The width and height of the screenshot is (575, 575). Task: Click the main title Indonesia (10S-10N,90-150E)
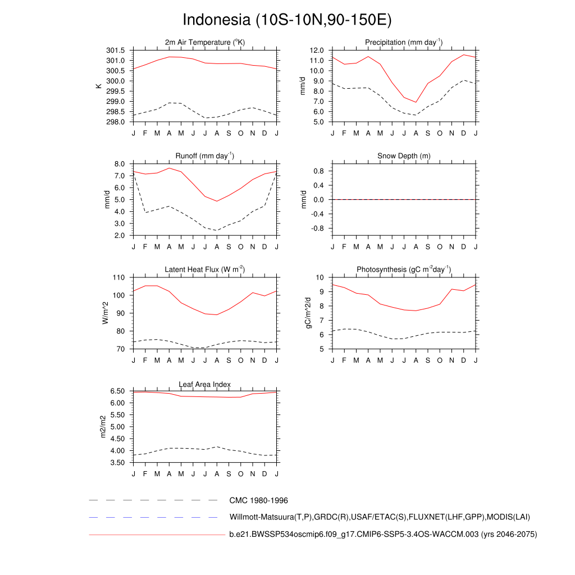click(x=287, y=20)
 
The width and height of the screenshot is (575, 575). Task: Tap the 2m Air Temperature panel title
click(x=205, y=43)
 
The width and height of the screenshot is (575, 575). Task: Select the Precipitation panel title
click(x=404, y=43)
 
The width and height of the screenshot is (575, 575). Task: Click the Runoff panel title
click(x=205, y=156)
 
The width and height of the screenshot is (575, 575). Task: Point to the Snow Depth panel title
click(x=404, y=156)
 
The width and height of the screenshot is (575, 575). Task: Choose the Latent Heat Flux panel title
click(x=205, y=270)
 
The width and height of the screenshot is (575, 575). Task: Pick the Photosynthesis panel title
click(x=404, y=270)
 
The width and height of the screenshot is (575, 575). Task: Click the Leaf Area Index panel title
click(x=205, y=384)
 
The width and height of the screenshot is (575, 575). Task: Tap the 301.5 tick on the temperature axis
click(x=117, y=51)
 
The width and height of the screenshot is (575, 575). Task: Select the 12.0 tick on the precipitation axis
click(x=318, y=51)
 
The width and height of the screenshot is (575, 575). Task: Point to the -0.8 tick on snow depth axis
click(x=318, y=229)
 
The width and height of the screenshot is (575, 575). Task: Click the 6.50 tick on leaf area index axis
click(x=117, y=391)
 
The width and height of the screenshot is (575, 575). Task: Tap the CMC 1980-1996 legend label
click(x=259, y=500)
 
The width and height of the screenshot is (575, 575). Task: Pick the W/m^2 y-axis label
click(x=104, y=313)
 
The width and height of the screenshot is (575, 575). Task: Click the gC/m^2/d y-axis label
click(x=307, y=313)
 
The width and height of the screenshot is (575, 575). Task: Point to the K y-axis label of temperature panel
click(x=99, y=86)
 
